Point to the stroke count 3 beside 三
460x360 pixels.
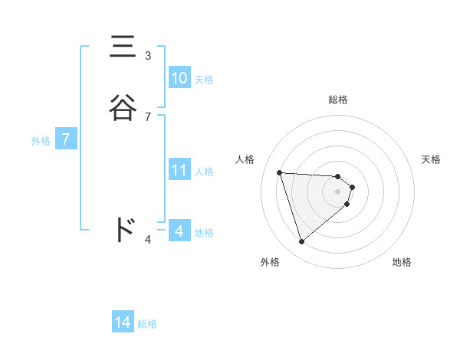(148, 56)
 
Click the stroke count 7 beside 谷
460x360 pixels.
(148, 116)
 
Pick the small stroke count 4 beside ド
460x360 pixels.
(148, 241)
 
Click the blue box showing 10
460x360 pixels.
(179, 78)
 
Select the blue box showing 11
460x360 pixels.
(179, 170)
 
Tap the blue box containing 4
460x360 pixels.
(179, 231)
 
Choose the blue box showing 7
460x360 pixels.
(67, 140)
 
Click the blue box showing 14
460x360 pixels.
(123, 323)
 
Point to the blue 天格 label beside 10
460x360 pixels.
(204, 79)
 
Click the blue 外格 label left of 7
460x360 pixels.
(41, 141)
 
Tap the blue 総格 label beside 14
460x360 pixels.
(147, 324)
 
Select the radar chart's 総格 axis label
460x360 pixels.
(338, 100)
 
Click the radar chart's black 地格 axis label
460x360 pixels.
(402, 262)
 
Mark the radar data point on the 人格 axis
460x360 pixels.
(280, 172)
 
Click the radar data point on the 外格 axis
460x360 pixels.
(302, 242)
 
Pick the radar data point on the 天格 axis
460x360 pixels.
(352, 187)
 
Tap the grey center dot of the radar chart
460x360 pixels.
(338, 191)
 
